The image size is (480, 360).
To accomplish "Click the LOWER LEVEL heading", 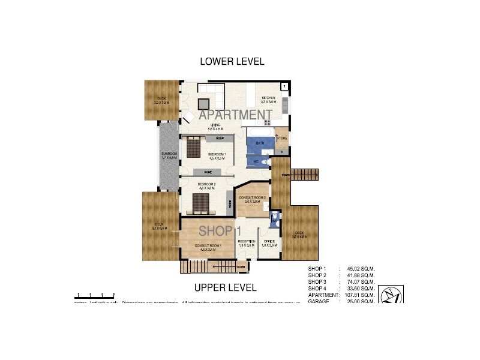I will pos(232,61).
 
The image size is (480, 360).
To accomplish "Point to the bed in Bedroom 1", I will pos(194,146).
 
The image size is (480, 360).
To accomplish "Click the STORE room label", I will pos(282,139).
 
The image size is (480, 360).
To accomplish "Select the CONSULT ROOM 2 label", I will pos(252,199).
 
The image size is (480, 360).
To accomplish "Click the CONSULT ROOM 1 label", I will pos(208,247).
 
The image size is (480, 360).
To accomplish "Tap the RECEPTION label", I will pos(247,242).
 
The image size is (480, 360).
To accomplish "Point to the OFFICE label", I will pos(269,242).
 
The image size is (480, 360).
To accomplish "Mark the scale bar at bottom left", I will pos(95,296).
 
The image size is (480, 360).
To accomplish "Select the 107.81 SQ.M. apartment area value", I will pos(358,295).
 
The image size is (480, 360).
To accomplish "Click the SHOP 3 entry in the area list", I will pos(317,281).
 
